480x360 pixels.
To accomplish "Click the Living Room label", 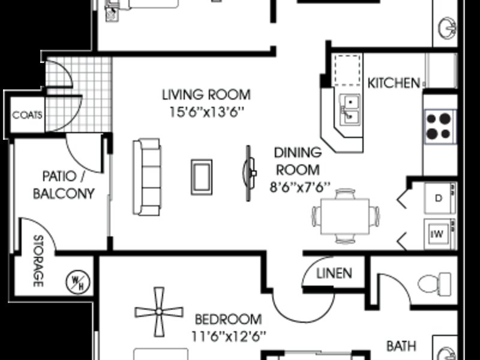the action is (206, 95).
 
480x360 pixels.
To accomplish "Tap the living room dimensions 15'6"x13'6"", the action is (207, 112).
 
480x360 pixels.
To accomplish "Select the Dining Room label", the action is (298, 161).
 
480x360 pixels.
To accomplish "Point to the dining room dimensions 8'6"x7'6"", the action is (300, 187).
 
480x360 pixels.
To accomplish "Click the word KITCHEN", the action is (394, 83).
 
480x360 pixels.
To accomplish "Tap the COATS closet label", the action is (27, 115).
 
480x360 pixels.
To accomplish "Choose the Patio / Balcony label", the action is (64, 185).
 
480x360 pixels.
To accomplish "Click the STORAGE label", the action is (38, 261).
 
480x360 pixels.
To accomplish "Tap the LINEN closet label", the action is (334, 274).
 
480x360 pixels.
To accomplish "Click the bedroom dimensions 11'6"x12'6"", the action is (229, 337).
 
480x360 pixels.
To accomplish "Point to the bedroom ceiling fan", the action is (159, 312).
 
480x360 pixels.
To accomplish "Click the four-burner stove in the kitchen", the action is (440, 126).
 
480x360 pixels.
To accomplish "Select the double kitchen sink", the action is (350, 110).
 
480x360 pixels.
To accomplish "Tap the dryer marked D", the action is (440, 198).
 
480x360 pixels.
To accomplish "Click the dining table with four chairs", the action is (346, 216).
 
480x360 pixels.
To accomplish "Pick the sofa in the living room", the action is (147, 177).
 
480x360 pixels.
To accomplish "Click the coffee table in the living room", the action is (202, 177).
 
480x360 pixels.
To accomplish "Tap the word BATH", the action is (401, 346).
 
